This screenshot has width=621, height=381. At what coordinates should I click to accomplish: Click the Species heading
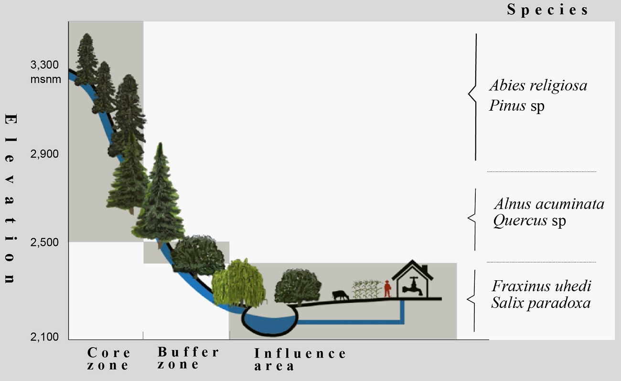548,11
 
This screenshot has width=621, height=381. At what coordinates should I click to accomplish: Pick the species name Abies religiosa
538,86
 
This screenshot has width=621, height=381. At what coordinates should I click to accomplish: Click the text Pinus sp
516,106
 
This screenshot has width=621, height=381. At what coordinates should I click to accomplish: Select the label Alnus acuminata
549,204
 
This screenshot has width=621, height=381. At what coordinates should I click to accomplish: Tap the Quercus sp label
529,222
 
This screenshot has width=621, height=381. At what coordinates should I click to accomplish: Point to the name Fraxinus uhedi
542,286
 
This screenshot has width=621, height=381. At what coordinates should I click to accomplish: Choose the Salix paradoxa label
541,303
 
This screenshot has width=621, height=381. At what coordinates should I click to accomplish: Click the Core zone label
109,359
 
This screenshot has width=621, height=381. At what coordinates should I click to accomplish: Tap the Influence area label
300,360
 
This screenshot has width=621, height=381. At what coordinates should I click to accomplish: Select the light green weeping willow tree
238,284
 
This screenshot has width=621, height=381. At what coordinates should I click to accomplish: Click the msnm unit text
46,79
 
